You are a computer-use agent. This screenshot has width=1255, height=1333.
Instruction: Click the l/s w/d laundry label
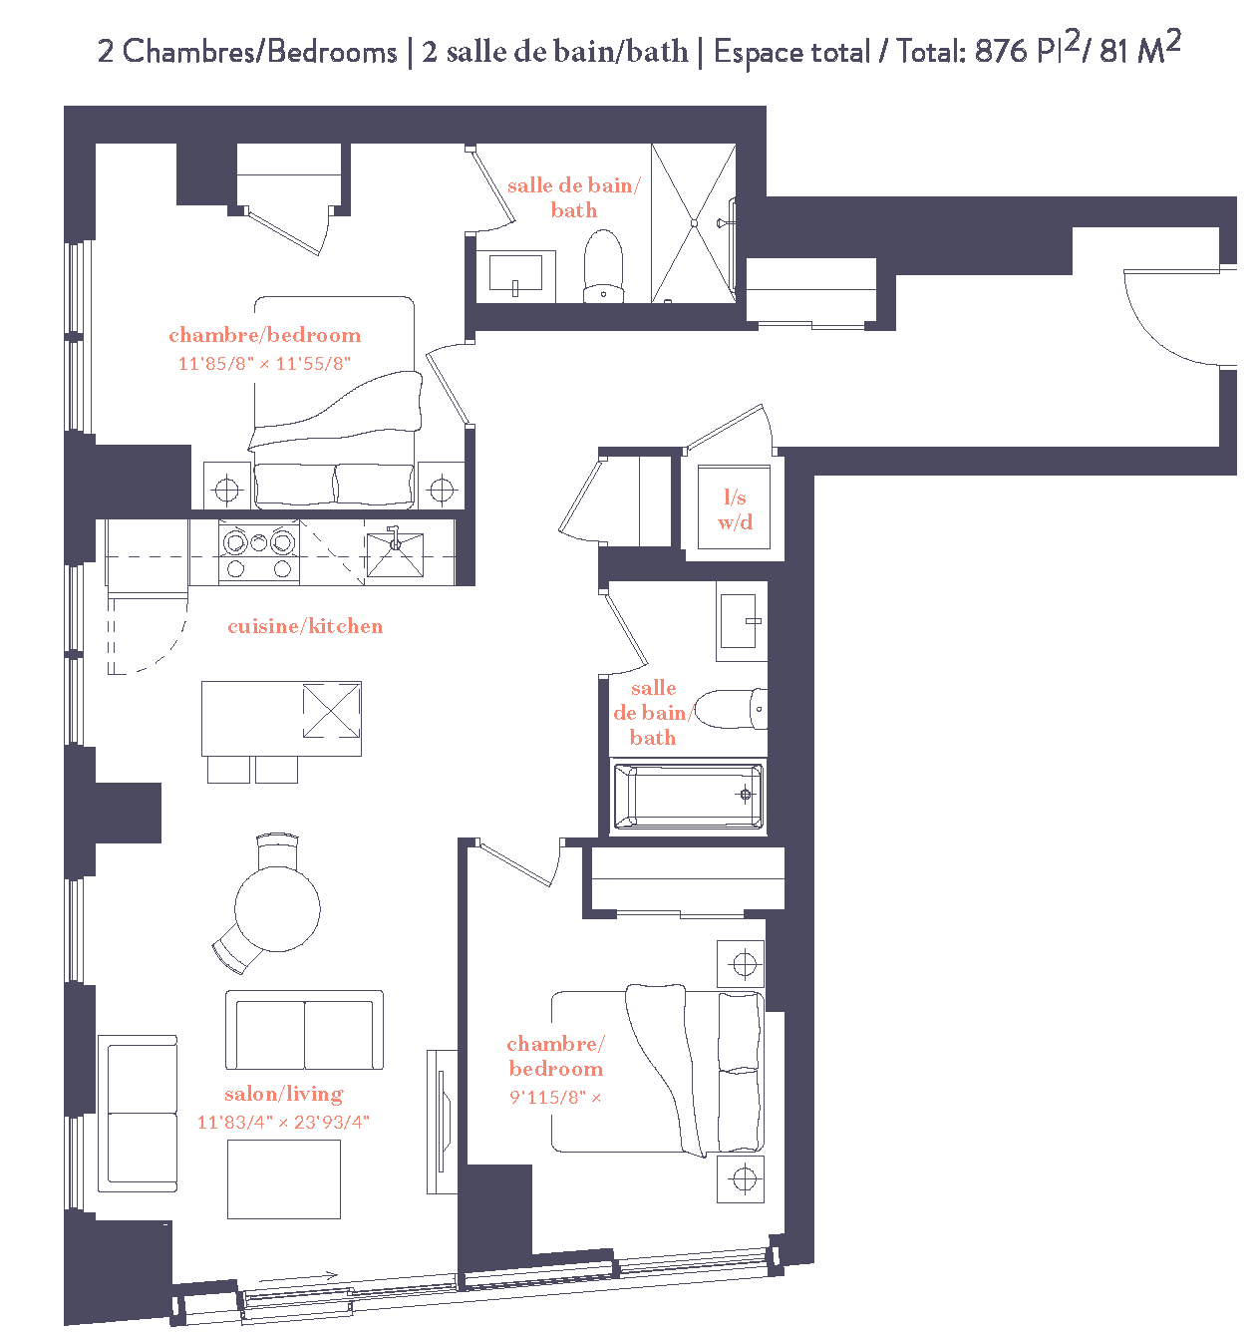coord(735,509)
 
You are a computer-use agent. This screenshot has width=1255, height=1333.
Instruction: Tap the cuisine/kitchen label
coord(305,626)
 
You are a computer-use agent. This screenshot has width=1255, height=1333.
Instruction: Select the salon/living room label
coord(284,1094)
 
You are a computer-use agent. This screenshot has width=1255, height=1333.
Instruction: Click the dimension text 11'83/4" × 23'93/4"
coord(283,1122)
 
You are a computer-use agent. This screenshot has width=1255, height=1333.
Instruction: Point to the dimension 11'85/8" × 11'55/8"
coord(264,364)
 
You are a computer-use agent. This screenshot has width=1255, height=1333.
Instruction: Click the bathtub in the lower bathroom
coord(689,796)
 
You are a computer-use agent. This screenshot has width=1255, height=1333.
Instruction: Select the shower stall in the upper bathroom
coord(694,223)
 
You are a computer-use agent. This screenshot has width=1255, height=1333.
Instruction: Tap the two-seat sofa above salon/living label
coord(304,1031)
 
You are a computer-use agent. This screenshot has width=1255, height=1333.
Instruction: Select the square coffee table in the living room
coord(284,1178)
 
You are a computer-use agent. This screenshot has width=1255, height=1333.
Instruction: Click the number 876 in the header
coord(1001,51)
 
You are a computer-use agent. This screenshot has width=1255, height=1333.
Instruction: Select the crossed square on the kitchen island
coord(331,710)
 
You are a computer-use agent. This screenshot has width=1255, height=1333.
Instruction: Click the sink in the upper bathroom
coord(515,272)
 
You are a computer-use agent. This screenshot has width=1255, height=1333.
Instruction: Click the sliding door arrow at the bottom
coord(299,1276)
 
